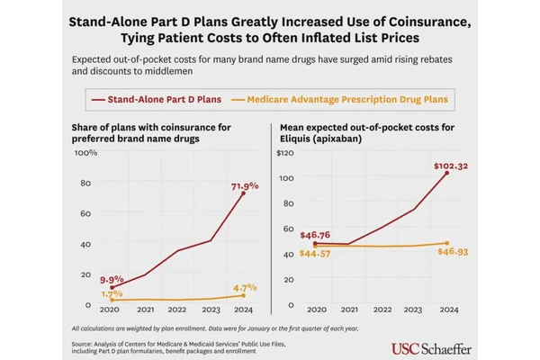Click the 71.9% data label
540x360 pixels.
pos(245,186)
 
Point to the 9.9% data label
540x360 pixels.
pos(111,280)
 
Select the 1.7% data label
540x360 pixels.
pos(112,293)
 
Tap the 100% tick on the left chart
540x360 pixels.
pos(85,153)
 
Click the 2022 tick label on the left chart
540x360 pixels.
pos(177,309)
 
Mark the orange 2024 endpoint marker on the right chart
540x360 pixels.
pos(447,243)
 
